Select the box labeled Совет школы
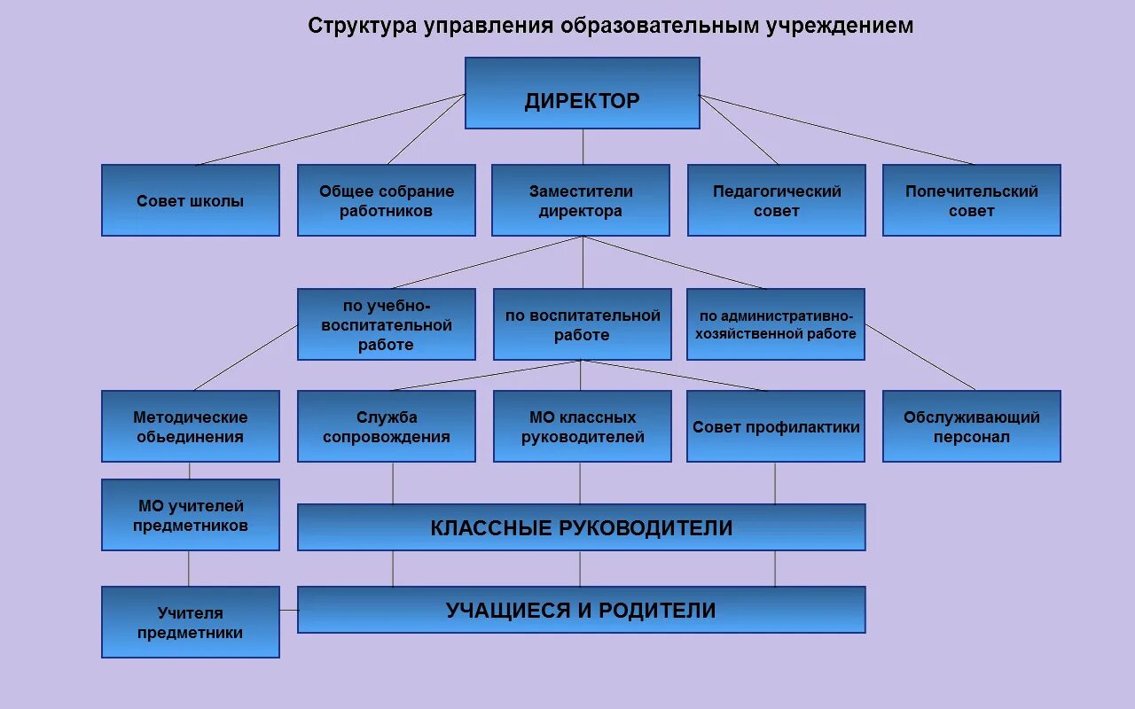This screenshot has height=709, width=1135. pos(191,200)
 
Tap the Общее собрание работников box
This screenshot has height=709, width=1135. pos(386,200)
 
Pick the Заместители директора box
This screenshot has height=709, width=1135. pos(581,200)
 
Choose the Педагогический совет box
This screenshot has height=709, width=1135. pos(776,200)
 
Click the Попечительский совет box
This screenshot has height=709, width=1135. pos(971,200)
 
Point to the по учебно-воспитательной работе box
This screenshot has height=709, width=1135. pos(386,324)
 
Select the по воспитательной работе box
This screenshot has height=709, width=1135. pos(582,324)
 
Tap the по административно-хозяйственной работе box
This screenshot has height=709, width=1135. pos(776,324)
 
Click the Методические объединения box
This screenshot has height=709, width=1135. pos(191,426)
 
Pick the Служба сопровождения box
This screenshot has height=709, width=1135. pos(386,426)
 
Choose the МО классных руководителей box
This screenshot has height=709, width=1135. pos(582,426)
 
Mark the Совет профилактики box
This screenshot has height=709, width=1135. pos(776,426)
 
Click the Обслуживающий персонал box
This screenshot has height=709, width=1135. pos(971,426)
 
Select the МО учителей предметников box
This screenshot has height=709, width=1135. pos(191,515)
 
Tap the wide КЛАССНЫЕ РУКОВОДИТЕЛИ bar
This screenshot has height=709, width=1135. pos(581,527)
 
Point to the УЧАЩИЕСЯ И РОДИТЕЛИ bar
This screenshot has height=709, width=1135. pos(581,610)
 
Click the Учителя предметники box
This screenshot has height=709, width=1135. pos(191,622)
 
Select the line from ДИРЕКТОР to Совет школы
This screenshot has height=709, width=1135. pos(330,129)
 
